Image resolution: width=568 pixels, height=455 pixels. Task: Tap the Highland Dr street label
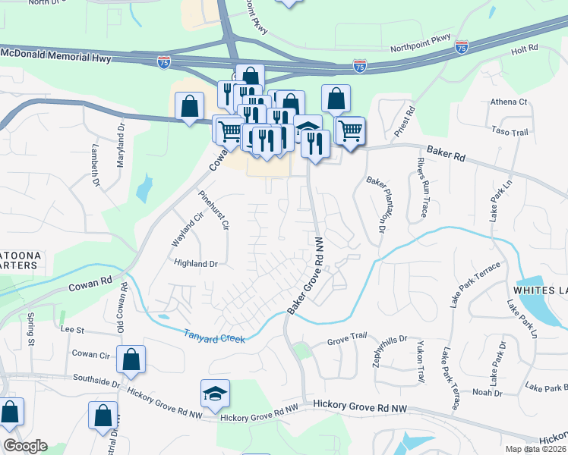pos(196,264)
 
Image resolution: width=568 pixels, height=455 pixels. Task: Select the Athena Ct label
pos(508,102)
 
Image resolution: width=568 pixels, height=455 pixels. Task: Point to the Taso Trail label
pos(509,132)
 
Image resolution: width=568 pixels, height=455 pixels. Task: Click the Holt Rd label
pos(524,49)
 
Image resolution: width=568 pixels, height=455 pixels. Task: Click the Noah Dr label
pos(488,392)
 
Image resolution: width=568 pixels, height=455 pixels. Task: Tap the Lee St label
pos(71,330)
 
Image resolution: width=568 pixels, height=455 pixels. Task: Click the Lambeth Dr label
pos(96,165)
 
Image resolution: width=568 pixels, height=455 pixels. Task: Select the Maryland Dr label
pos(120,151)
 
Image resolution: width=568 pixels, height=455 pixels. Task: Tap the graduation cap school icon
pos(216,393)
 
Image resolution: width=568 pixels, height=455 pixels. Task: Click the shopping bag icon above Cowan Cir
pos(131,359)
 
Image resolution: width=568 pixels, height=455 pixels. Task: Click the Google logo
pos(25,446)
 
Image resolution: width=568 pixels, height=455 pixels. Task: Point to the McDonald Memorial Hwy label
pos(57,56)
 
